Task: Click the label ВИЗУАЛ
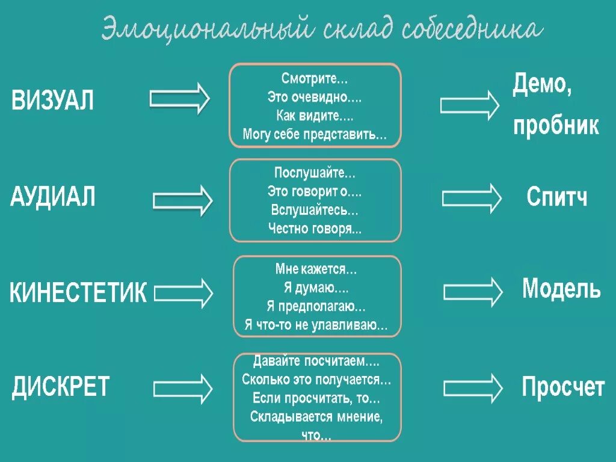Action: [x=53, y=100]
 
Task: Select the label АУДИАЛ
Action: [x=53, y=197]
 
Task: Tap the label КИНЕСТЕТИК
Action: [x=78, y=293]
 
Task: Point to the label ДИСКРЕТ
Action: [x=61, y=386]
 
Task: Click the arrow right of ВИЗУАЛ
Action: [x=179, y=98]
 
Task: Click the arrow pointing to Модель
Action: [x=473, y=291]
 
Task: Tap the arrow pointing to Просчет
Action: [x=473, y=388]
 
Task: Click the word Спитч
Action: [x=557, y=197]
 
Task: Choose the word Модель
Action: [x=561, y=289]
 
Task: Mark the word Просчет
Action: [x=563, y=387]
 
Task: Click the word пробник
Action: [x=556, y=125]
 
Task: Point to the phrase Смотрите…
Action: [x=315, y=78]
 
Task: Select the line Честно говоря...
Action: [x=315, y=229]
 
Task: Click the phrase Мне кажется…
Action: [x=316, y=270]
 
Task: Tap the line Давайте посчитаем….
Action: [x=316, y=362]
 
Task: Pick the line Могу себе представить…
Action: [x=315, y=134]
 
